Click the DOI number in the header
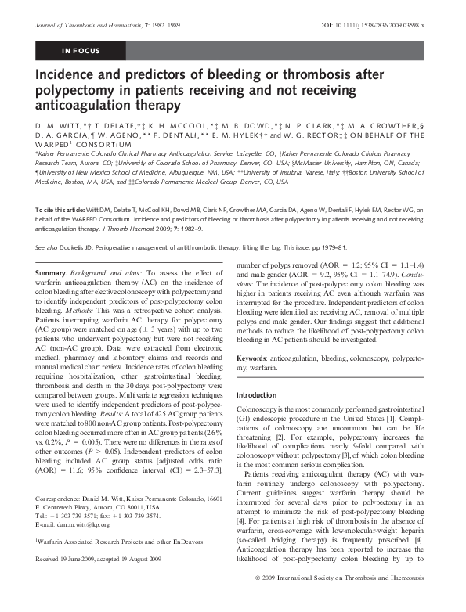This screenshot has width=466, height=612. (x=375, y=26)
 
